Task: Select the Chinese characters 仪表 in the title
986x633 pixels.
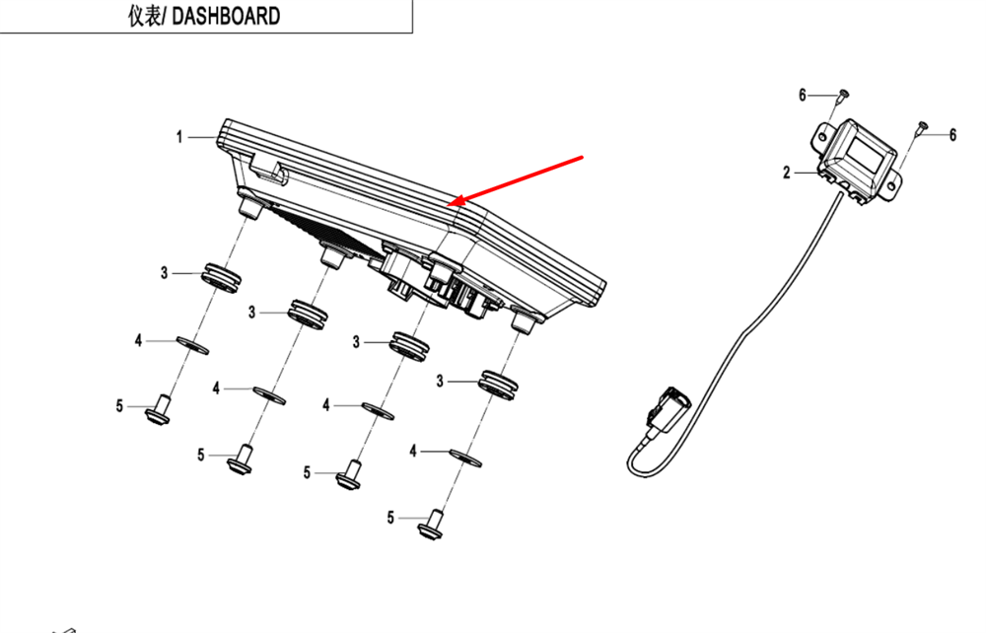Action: tap(146, 17)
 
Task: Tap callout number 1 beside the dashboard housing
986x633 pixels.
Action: tap(179, 137)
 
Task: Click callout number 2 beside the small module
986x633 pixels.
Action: tap(787, 174)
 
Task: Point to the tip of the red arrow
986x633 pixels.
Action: tap(450, 204)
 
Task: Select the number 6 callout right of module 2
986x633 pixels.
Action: tap(952, 135)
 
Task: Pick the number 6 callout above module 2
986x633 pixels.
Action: tap(803, 95)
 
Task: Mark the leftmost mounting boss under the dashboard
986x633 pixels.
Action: tap(249, 208)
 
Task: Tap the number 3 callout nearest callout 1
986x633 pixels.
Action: tap(165, 272)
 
